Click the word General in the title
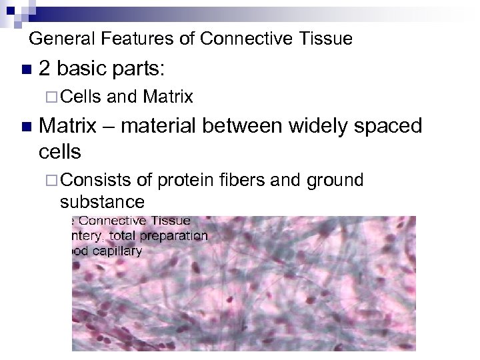click(57, 39)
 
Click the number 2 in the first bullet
click(45, 69)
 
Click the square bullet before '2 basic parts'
click(25, 70)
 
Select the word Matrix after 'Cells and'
click(168, 98)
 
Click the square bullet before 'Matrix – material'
click(25, 126)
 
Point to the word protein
click(184, 181)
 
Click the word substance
click(101, 201)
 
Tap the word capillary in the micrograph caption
click(120, 251)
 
